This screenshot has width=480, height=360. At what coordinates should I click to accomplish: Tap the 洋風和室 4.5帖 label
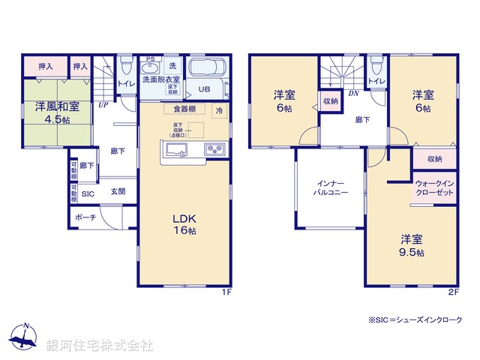click(56, 112)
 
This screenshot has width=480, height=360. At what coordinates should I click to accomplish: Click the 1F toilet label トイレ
click(126, 85)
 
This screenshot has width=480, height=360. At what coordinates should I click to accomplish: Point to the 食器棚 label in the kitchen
click(179, 109)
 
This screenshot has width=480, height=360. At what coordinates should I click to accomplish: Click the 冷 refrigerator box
click(220, 111)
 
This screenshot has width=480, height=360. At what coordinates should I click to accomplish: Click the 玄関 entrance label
click(118, 191)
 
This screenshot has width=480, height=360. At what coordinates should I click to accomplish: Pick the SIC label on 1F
click(88, 192)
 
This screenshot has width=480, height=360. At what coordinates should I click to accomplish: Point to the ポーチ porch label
click(85, 217)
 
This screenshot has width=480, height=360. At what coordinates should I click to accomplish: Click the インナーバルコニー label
click(330, 187)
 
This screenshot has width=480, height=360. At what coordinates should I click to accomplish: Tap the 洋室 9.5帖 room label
click(411, 246)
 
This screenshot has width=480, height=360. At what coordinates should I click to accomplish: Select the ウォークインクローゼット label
click(434, 188)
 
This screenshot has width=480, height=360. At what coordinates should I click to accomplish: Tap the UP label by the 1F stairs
click(102, 105)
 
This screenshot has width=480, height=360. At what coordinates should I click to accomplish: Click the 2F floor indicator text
click(452, 292)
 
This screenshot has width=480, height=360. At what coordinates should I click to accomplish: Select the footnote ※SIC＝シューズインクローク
click(416, 320)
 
